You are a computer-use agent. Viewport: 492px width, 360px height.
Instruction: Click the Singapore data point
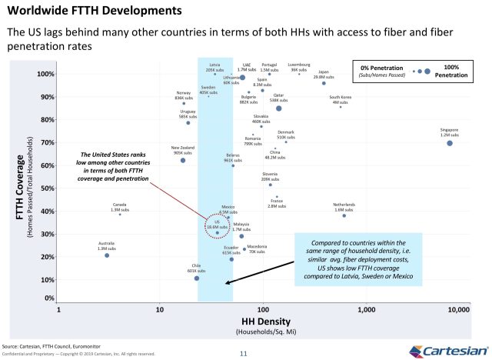(x=450, y=143)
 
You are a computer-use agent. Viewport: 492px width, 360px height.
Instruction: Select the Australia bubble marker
(x=107, y=255)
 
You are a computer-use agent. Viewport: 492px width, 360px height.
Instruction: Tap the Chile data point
(x=197, y=278)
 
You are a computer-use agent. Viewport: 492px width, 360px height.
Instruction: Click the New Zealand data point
(x=183, y=160)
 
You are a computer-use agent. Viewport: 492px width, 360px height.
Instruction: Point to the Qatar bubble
(x=278, y=108)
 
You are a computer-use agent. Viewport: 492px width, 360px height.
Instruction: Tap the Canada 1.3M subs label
(x=119, y=207)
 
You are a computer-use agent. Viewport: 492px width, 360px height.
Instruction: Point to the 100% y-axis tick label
(x=43, y=75)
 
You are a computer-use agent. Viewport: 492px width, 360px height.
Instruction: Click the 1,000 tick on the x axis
(x=366, y=309)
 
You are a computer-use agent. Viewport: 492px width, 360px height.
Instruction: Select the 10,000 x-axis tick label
(x=458, y=309)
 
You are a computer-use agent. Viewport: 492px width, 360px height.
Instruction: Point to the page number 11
(x=243, y=353)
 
